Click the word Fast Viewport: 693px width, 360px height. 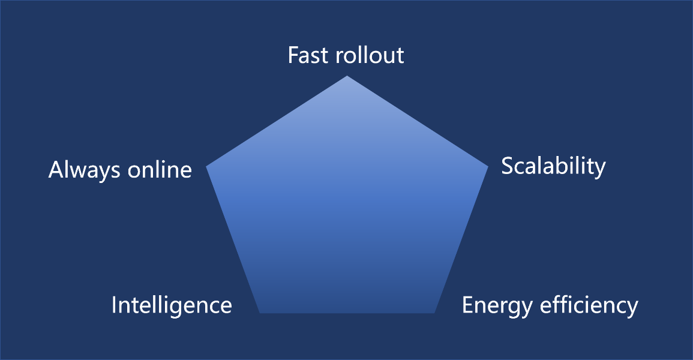tap(308, 55)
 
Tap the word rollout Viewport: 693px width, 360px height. tap(370, 55)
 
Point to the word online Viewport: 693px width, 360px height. tap(160, 170)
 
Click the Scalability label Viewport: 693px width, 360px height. tap(553, 167)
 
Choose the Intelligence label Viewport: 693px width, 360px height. tap(172, 305)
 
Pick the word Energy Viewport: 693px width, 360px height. tap(497, 305)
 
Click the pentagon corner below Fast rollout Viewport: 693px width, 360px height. tap(347, 76)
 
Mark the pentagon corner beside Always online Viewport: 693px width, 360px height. tap(206, 167)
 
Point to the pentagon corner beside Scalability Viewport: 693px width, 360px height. tap(488, 167)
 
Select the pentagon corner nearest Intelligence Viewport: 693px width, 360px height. tap(260, 313)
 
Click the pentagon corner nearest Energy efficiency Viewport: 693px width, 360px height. tap(434, 313)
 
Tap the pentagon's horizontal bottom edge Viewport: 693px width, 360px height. tap(347, 313)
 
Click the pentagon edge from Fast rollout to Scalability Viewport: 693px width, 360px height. tap(418, 121)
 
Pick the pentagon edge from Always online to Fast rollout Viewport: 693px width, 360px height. tap(277, 121)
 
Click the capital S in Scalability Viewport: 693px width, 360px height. tap(508, 166)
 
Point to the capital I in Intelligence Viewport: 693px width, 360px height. tap(114, 305)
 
